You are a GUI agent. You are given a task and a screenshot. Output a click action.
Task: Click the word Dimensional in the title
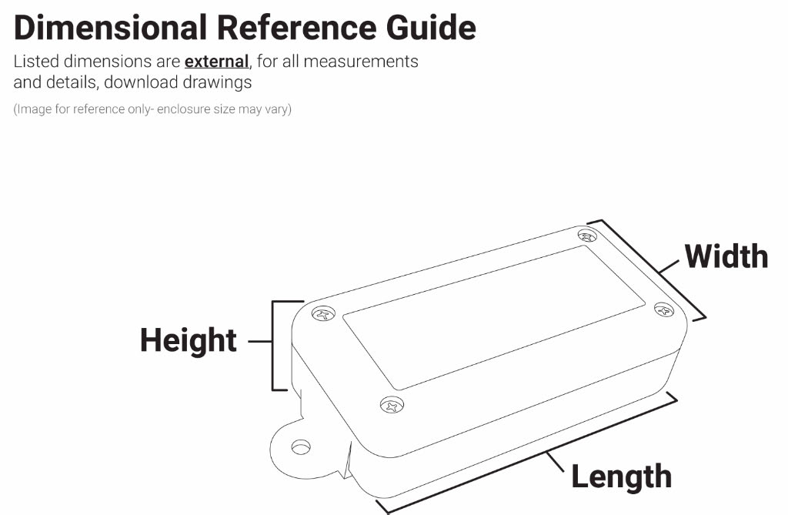(x=110, y=27)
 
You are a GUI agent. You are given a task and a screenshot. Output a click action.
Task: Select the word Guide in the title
(x=431, y=27)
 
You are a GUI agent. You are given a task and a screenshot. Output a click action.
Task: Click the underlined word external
(x=216, y=62)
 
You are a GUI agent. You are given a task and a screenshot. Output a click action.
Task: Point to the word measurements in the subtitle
(x=361, y=62)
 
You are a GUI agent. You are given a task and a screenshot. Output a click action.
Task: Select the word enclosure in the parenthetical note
(x=183, y=109)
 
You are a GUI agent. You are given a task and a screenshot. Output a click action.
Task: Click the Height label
(x=189, y=340)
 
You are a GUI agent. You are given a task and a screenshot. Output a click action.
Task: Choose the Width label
(x=726, y=256)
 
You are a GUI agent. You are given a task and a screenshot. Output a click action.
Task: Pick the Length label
(x=622, y=477)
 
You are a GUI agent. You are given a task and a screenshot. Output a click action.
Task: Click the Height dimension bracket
(x=273, y=346)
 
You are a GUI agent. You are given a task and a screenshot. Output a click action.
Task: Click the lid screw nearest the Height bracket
(x=323, y=314)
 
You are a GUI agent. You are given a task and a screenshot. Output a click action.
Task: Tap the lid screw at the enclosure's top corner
(x=587, y=235)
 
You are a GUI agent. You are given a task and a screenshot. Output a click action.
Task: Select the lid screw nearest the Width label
(x=664, y=309)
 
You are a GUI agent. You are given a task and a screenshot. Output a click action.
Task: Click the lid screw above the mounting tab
(x=392, y=404)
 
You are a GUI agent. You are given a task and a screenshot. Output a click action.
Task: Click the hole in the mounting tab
(x=301, y=446)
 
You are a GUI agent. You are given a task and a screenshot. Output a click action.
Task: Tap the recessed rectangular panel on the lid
(x=494, y=317)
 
